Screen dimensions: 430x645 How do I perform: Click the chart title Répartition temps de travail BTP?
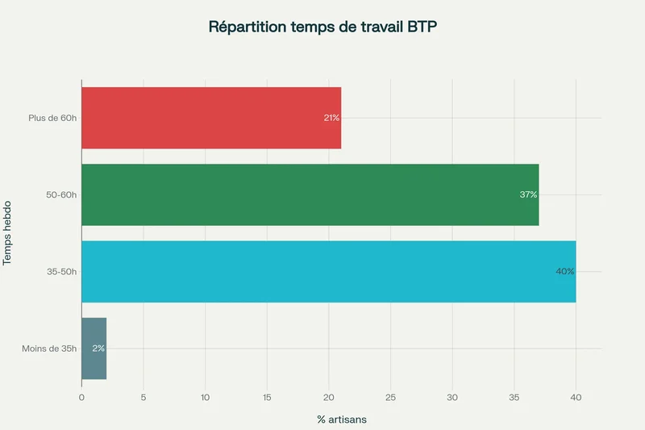click(x=322, y=27)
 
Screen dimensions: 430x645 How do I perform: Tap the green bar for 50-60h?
click(x=310, y=194)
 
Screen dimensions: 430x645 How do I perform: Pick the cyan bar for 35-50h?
click(x=328, y=271)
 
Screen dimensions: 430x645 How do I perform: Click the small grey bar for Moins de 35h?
click(x=94, y=349)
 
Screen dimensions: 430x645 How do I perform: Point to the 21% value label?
click(x=331, y=118)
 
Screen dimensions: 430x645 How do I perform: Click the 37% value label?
click(x=528, y=194)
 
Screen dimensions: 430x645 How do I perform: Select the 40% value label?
click(x=564, y=271)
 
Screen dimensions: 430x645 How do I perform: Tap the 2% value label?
click(x=98, y=349)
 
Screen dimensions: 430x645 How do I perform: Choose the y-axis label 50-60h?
click(x=61, y=194)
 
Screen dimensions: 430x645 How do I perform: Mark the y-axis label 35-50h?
click(x=61, y=272)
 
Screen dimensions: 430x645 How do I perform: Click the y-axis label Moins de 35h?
click(x=49, y=349)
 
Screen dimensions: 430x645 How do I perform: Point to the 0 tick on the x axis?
click(x=81, y=397)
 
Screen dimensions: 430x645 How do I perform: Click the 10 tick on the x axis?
click(x=205, y=397)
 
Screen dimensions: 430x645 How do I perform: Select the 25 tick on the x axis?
click(x=390, y=397)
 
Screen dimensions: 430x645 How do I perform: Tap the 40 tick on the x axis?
click(x=576, y=397)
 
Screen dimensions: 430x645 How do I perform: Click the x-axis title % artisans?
click(x=342, y=420)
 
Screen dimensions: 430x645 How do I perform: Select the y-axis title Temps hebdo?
click(x=7, y=233)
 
